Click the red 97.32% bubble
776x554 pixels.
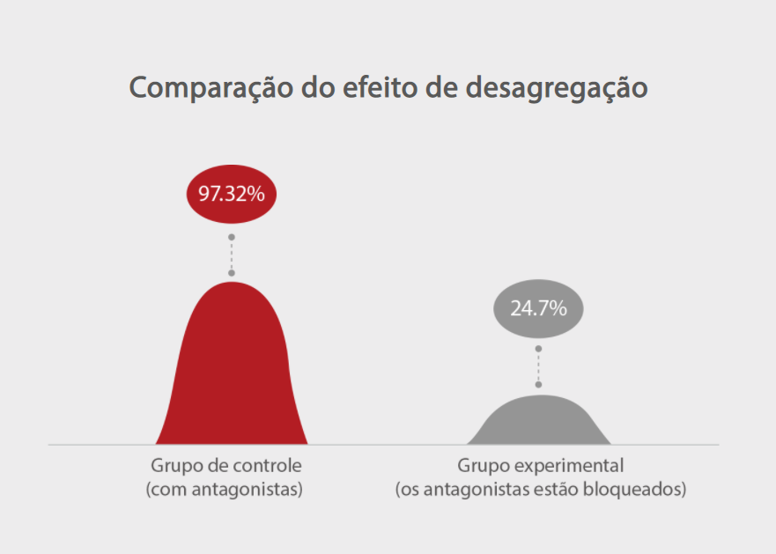point(231,194)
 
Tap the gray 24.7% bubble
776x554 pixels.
point(538,308)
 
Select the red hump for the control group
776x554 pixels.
point(232,370)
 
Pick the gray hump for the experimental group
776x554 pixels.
point(539,421)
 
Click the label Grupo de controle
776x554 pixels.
point(225,465)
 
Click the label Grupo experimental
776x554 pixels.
point(540,465)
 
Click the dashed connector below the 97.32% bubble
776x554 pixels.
point(232,255)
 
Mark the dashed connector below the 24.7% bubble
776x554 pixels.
point(538,366)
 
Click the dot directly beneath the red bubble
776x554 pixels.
point(232,237)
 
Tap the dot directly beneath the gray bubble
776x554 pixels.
point(538,349)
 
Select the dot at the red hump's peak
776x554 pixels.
point(232,273)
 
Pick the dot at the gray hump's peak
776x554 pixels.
point(538,385)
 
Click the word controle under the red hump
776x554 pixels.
point(271,465)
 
